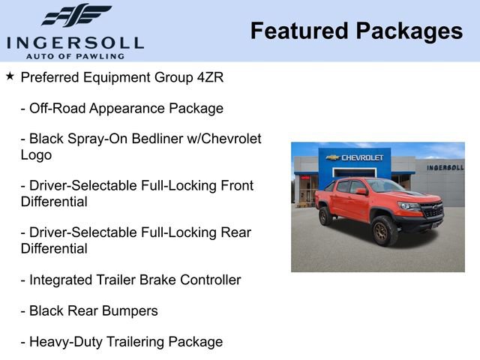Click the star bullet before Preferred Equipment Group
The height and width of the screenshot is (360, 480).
pos(10,76)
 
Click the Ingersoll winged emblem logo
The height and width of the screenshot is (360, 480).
pos(75,16)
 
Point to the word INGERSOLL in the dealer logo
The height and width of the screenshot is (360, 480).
pos(75,42)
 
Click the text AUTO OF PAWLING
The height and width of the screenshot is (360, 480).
pos(75,56)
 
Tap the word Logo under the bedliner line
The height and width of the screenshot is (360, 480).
pos(36,155)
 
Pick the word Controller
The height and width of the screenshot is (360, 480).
pos(206,280)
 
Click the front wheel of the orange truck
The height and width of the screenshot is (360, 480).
pos(385,231)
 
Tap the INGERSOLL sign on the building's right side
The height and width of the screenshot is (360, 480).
pos(445,167)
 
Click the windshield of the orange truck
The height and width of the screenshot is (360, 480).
pos(383,186)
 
